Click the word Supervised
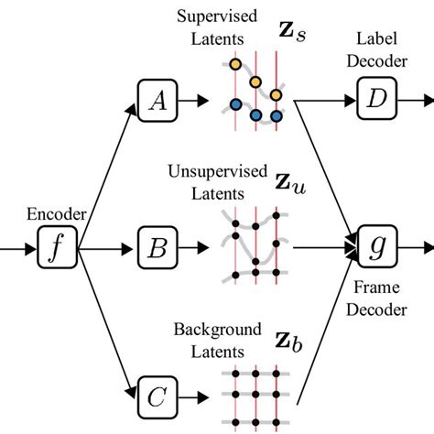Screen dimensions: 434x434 point(207,17)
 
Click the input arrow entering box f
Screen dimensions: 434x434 point(18,245)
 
